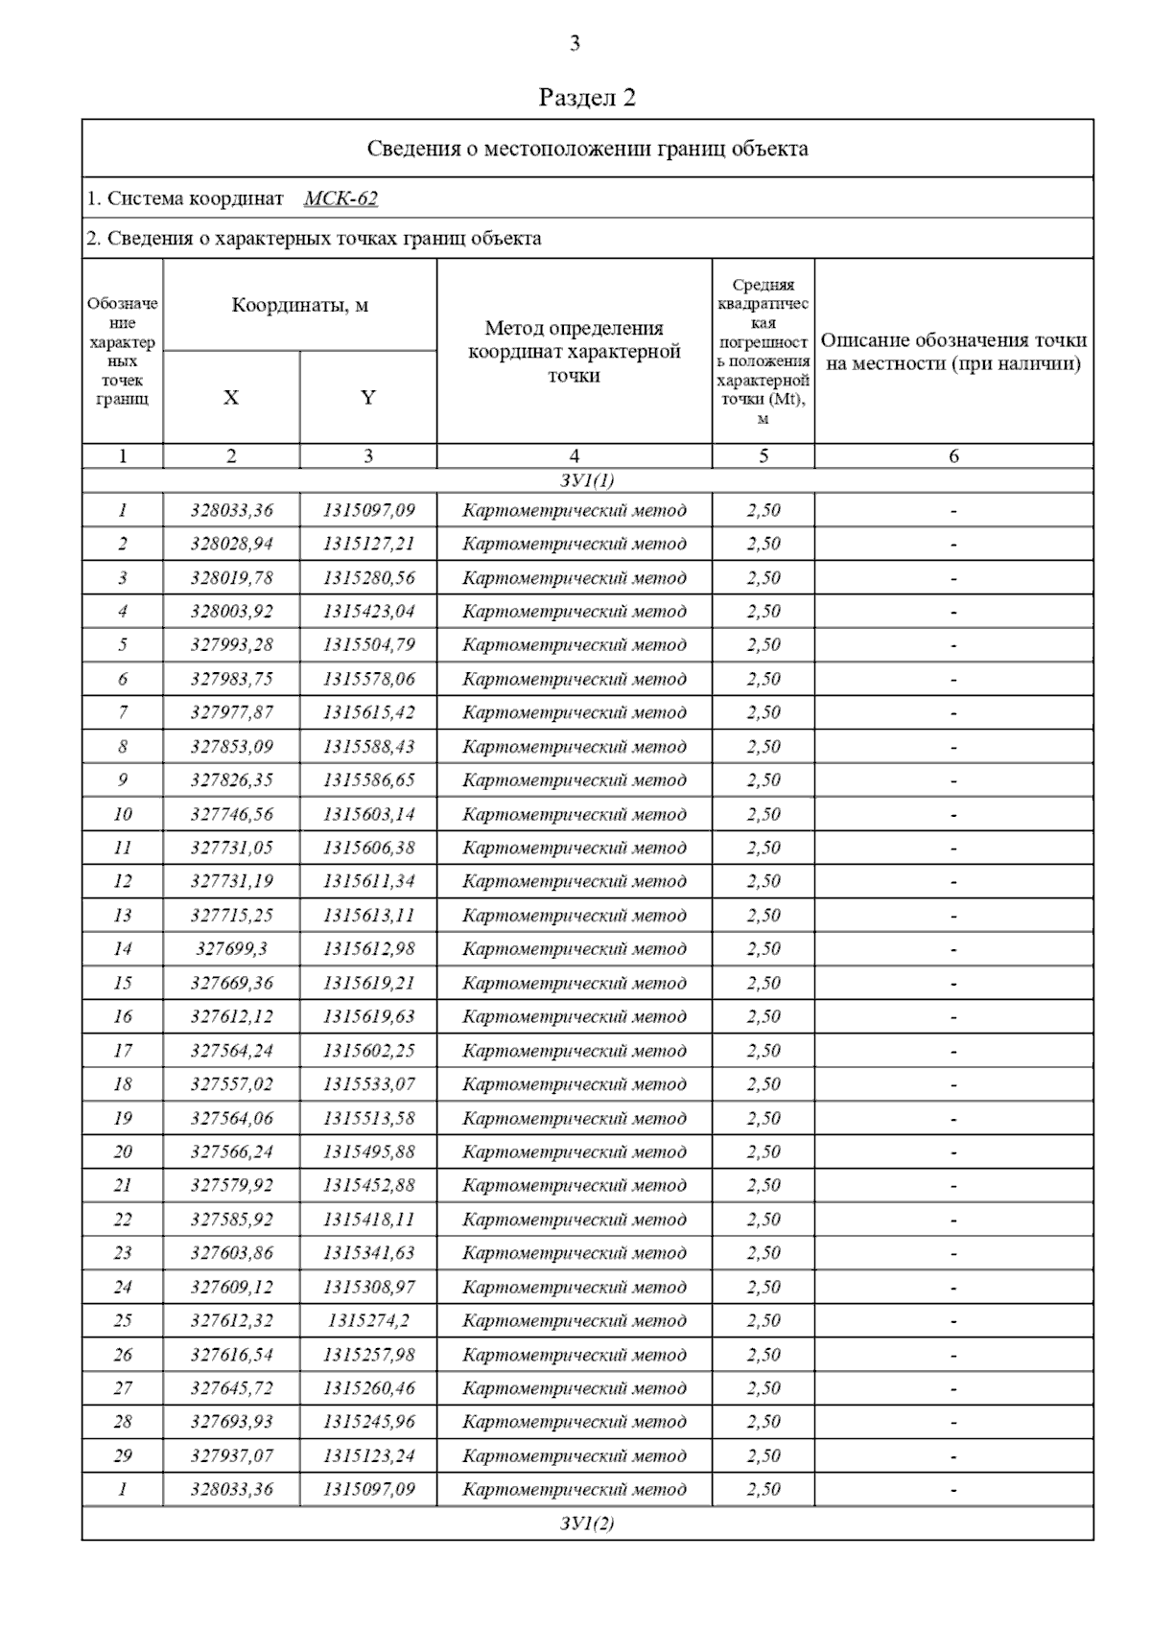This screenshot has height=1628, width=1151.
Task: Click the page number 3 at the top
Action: click(575, 43)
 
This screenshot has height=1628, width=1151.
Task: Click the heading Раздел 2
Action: click(587, 98)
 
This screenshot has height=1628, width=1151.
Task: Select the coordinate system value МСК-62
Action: click(341, 198)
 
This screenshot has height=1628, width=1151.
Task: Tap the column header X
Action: click(231, 397)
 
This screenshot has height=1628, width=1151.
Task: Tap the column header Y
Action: click(368, 397)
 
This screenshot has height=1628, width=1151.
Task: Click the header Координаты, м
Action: click(299, 306)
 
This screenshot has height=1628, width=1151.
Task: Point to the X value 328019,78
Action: click(231, 577)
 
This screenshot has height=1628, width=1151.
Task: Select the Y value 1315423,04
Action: click(368, 611)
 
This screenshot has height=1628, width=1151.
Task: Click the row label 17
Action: click(123, 1050)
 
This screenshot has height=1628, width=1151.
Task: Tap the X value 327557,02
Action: click(231, 1083)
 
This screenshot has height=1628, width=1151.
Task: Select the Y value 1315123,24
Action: click(368, 1455)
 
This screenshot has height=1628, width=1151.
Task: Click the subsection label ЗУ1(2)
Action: click(587, 1523)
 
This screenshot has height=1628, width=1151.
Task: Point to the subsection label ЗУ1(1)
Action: click(587, 480)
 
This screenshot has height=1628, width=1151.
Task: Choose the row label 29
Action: click(123, 1455)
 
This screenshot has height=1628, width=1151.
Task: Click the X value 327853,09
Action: click(231, 746)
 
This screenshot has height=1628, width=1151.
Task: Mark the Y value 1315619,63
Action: click(368, 1016)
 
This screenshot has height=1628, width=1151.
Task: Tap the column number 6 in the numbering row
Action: click(953, 456)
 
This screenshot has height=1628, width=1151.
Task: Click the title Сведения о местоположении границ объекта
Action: click(587, 149)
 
